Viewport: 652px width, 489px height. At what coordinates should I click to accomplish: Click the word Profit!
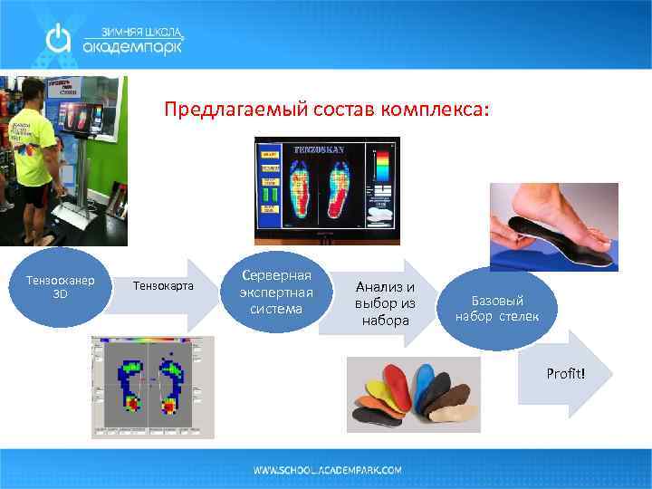click(565, 374)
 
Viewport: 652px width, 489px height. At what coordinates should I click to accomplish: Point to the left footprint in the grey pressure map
click(130, 384)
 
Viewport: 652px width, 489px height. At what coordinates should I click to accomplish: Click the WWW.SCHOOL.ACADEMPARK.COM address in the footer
click(327, 471)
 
